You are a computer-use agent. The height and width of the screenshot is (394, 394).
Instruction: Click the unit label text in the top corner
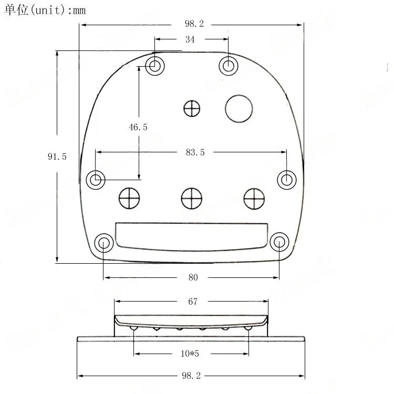(x=45, y=10)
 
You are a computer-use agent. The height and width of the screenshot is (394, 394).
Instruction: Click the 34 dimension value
(x=190, y=39)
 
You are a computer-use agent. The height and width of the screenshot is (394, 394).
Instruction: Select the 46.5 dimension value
(x=138, y=127)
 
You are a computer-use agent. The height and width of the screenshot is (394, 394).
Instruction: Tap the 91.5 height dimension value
(x=57, y=157)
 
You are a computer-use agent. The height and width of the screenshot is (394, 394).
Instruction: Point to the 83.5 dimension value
(x=195, y=152)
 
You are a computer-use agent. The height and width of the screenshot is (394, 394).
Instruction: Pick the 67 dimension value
(x=193, y=302)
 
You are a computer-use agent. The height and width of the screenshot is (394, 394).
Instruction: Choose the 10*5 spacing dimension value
(x=190, y=354)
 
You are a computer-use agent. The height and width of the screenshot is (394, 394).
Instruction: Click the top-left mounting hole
(x=155, y=66)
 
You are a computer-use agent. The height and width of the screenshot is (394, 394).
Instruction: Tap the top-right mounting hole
(x=229, y=66)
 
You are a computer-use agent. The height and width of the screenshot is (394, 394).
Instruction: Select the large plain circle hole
(x=239, y=108)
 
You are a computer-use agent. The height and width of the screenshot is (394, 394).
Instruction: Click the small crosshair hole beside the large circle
(x=192, y=108)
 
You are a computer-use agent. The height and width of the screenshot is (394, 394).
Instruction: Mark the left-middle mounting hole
(x=95, y=180)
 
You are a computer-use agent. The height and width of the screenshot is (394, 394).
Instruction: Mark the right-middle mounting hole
(x=286, y=180)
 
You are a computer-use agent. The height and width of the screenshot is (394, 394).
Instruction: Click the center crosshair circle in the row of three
(x=191, y=198)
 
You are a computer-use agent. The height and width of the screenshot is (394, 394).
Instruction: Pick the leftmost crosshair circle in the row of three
(x=129, y=198)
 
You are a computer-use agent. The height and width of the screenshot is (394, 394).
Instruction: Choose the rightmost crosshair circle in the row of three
(x=254, y=198)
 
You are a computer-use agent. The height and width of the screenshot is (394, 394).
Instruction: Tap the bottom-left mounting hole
(x=103, y=243)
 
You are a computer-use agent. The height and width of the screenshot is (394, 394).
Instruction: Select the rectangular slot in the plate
(x=191, y=235)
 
